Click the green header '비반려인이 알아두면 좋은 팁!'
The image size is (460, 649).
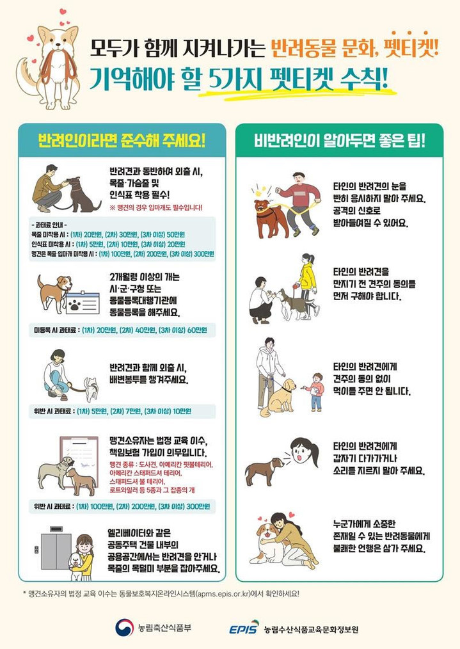click(339, 140)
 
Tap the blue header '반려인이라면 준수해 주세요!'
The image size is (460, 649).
click(121, 140)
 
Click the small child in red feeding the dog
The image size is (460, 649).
click(315, 390)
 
